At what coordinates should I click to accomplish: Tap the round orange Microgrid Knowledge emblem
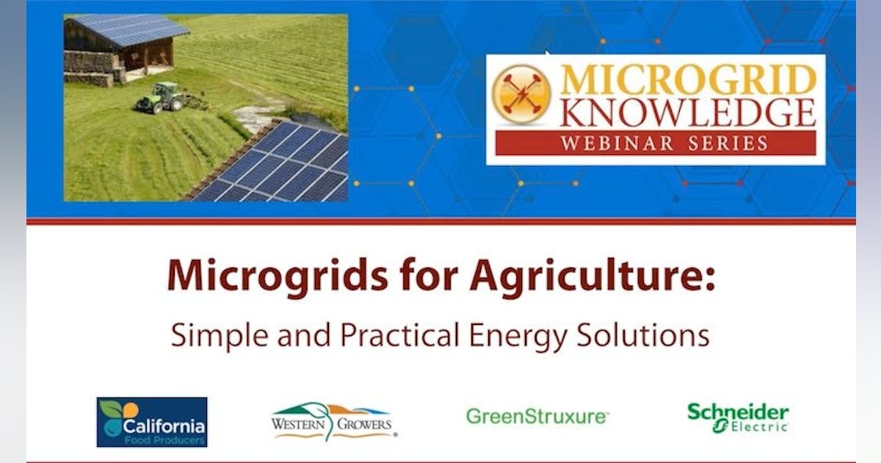pyautogui.click(x=521, y=94)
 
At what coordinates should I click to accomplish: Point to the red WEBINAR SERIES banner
pyautogui.click(x=655, y=143)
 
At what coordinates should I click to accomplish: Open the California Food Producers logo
pyautogui.click(x=152, y=422)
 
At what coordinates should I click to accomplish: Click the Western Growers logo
pyautogui.click(x=333, y=421)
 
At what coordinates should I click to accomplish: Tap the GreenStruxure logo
pyautogui.click(x=537, y=417)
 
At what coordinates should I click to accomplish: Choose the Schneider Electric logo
pyautogui.click(x=738, y=417)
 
